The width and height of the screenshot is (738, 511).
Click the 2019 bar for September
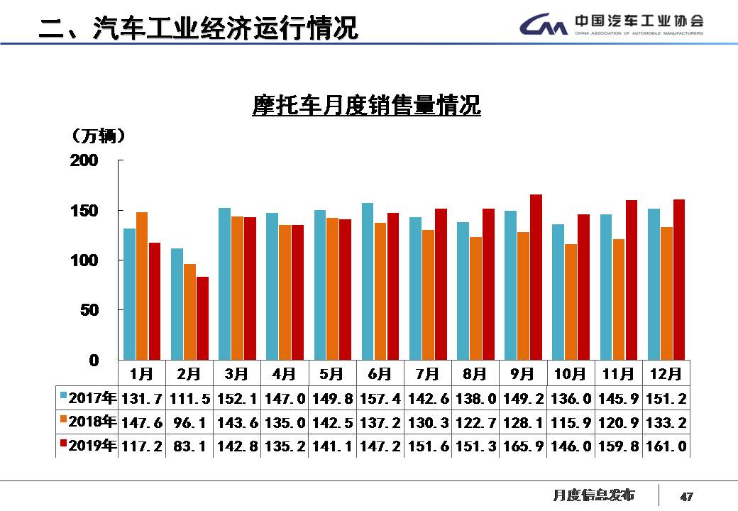click(x=536, y=277)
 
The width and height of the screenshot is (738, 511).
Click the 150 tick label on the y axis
click(x=84, y=211)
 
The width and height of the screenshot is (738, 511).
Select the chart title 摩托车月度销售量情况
click(x=367, y=106)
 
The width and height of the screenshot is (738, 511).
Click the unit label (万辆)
click(x=99, y=134)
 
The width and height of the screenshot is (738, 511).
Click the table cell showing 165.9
click(x=522, y=446)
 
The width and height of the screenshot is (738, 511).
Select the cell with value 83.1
click(x=189, y=446)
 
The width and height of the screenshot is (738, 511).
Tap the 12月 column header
click(x=665, y=373)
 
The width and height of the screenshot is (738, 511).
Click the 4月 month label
click(x=285, y=373)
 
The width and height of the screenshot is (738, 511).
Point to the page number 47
click(x=686, y=496)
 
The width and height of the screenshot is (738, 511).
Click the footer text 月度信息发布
click(x=594, y=495)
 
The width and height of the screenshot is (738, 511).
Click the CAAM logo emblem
click(x=543, y=26)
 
